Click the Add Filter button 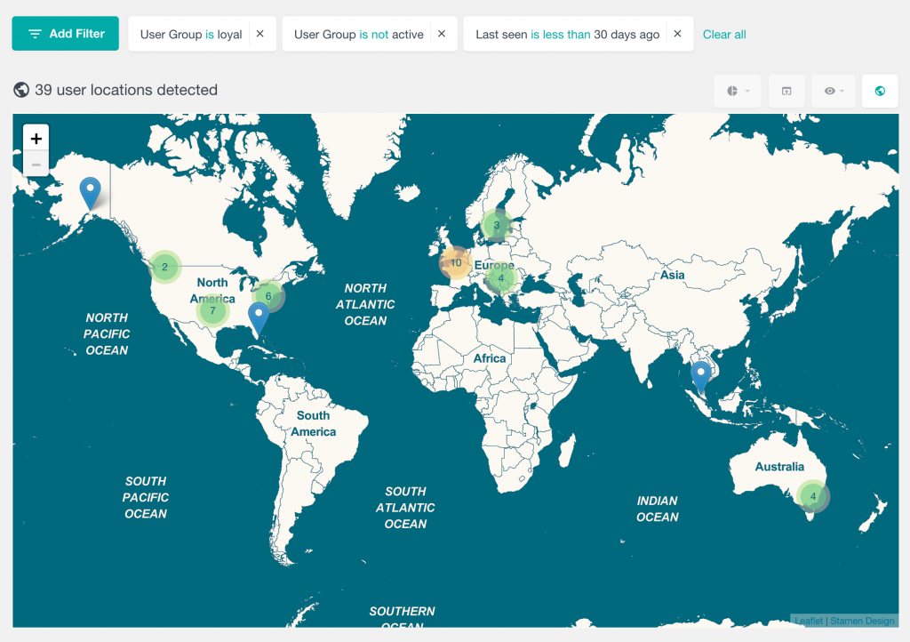[x=65, y=34]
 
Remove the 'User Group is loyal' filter [x=259, y=34]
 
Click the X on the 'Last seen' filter [x=677, y=34]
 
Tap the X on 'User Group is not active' [x=441, y=34]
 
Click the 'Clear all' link [x=724, y=35]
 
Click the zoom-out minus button [x=36, y=164]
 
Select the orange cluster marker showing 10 [x=456, y=262]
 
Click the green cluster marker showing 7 [x=212, y=311]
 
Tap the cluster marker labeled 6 [x=268, y=296]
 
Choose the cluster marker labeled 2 [x=164, y=267]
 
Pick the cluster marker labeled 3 [x=497, y=225]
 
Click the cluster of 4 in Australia [x=812, y=496]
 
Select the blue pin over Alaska [x=90, y=192]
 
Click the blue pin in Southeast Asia [x=701, y=376]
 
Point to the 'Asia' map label [x=673, y=275]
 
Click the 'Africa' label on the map [x=490, y=358]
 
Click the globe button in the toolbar [x=880, y=91]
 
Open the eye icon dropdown [x=833, y=91]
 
